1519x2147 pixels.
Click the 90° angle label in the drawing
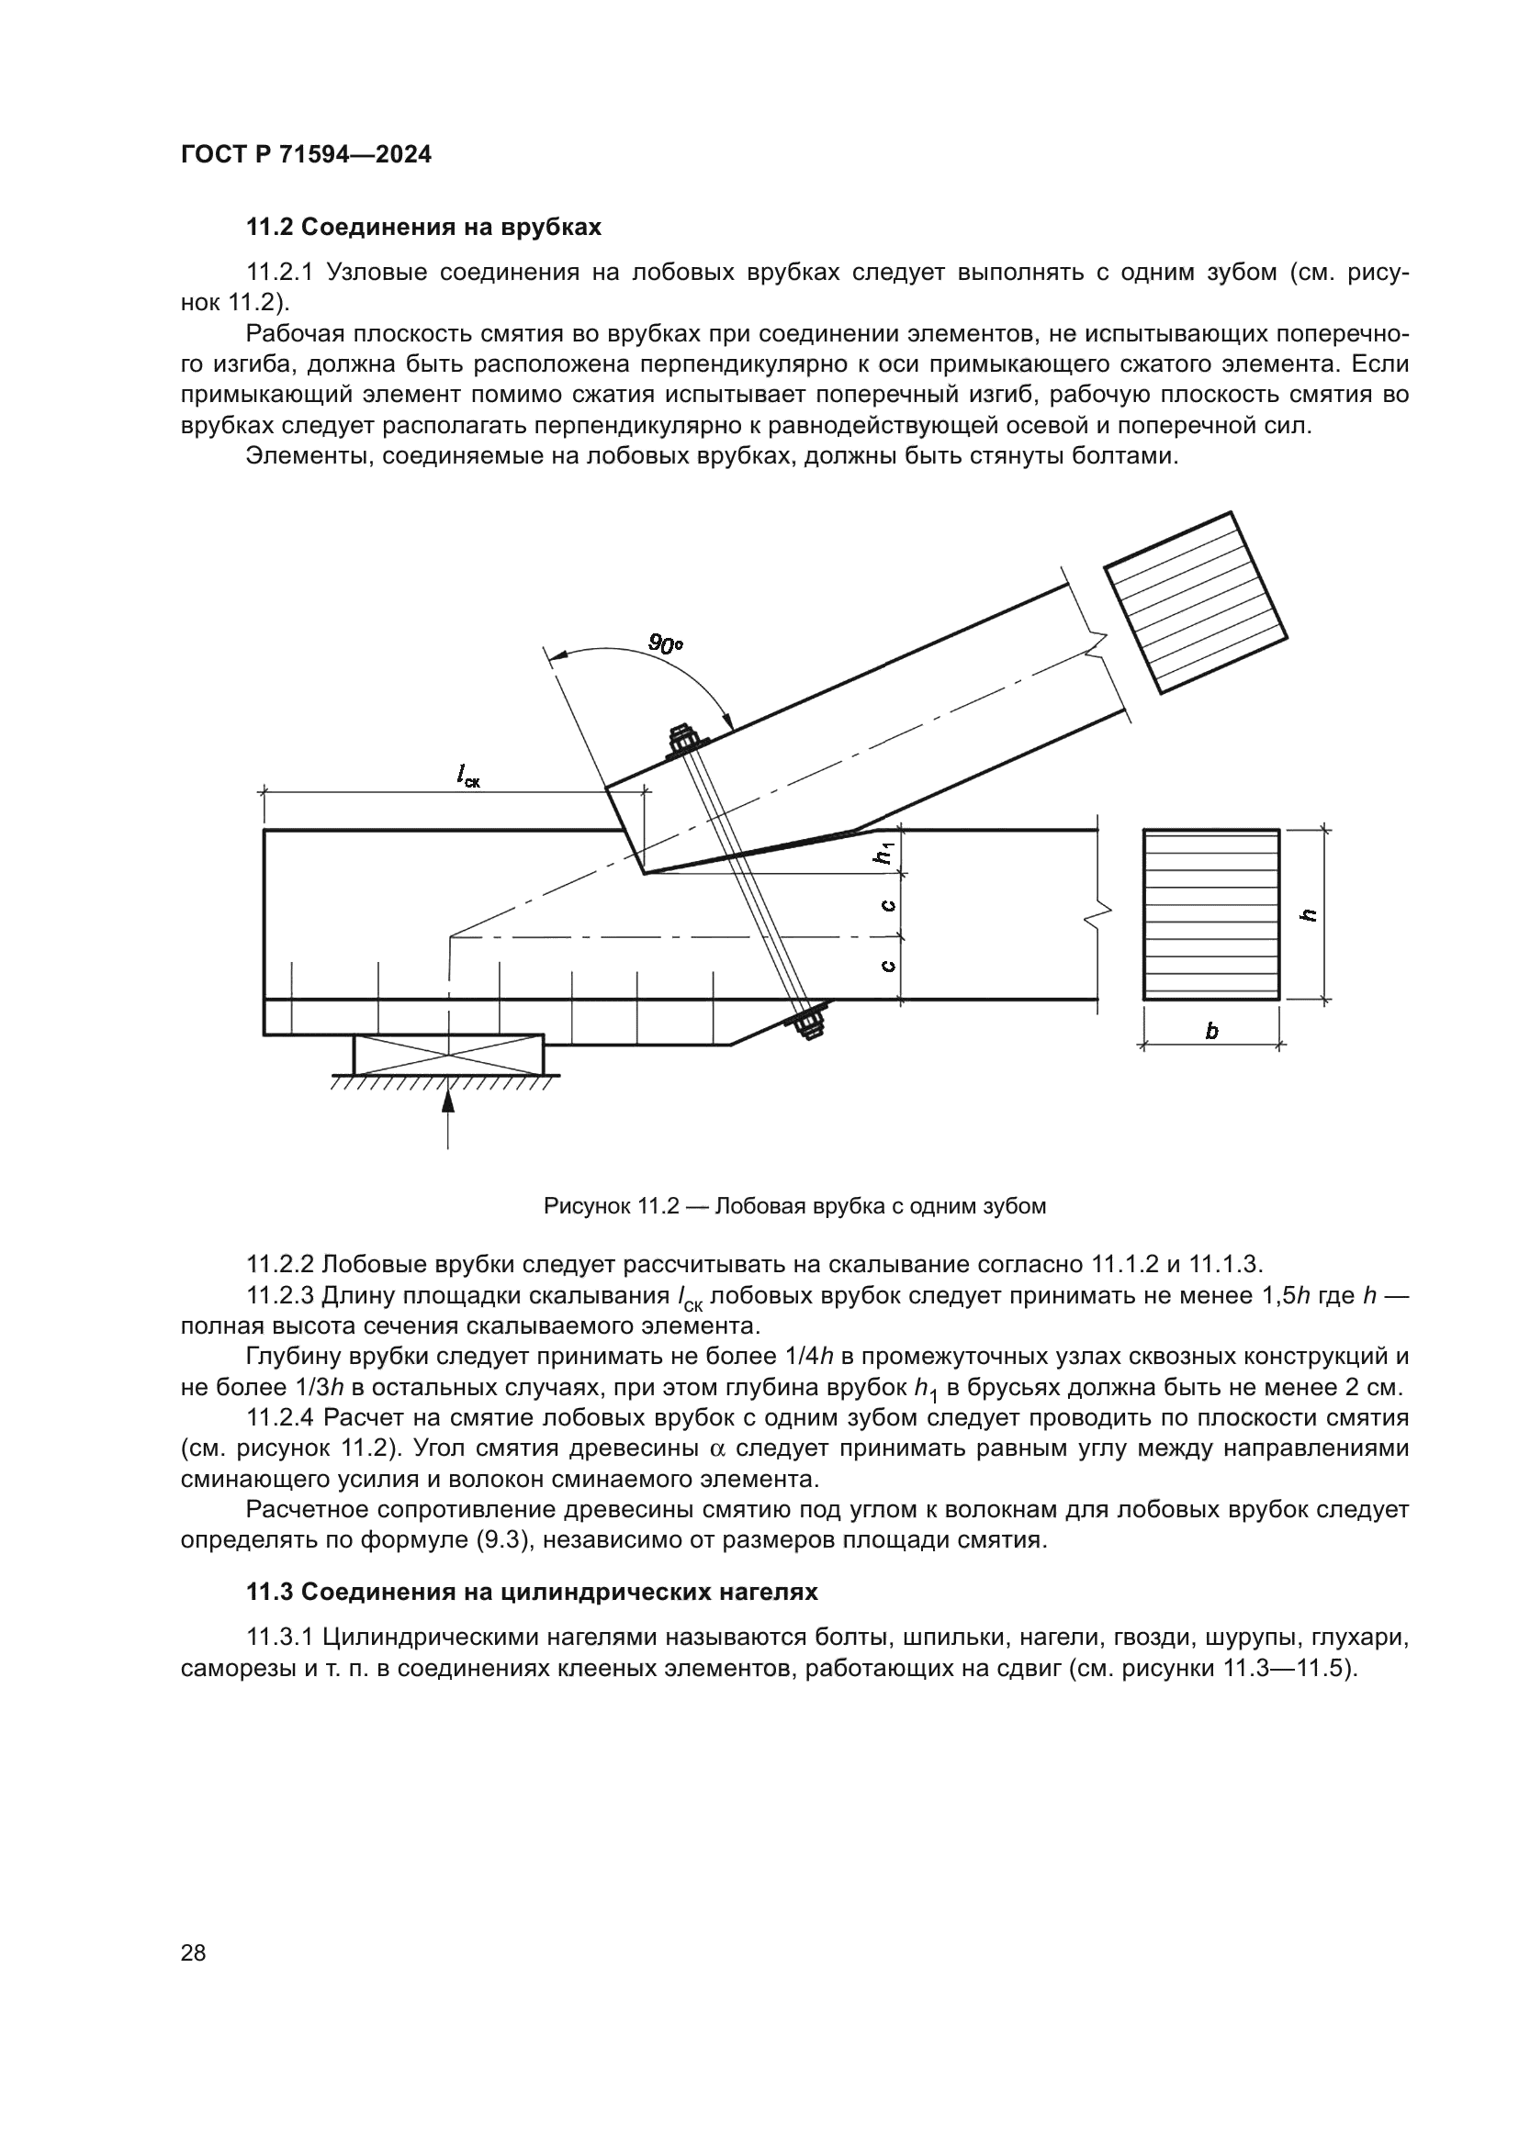665,644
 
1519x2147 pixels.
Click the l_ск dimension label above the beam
467,776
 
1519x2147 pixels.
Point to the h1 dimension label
885,852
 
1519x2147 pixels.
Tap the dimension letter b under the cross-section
1211,1032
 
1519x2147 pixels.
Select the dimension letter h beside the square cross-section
1310,914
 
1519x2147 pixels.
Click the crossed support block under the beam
448,1054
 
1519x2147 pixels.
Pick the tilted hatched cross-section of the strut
1196,603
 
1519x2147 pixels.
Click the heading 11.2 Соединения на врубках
422,228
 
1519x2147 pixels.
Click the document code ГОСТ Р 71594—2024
306,155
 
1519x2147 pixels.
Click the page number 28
193,1952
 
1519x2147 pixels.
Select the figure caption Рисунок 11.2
794,1206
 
